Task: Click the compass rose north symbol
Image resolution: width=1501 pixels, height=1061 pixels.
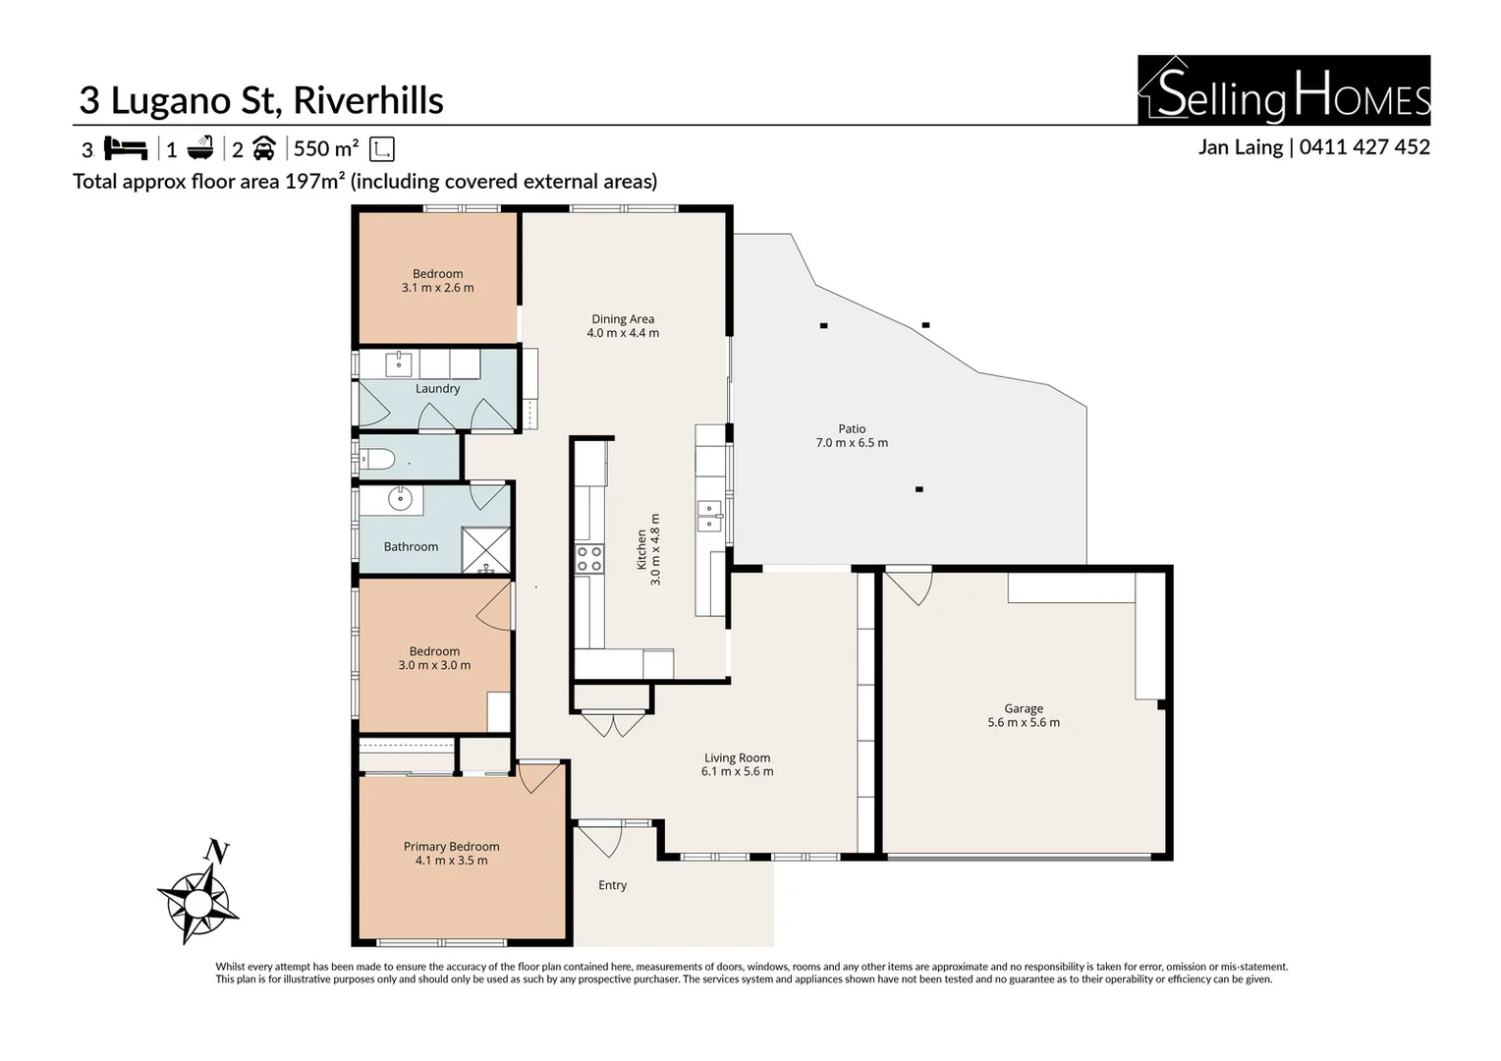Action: (x=198, y=892)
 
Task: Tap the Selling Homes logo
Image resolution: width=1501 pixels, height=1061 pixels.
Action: (x=1284, y=89)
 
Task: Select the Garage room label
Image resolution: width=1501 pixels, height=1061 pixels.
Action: (x=1024, y=708)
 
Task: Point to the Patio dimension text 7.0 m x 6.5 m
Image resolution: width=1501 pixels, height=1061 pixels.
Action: (x=852, y=442)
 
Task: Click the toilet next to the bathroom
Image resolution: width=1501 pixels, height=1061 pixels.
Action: (x=376, y=459)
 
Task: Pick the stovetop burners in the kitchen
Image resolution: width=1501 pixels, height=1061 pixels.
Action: (x=589, y=559)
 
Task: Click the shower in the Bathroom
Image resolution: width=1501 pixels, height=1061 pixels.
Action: (x=486, y=550)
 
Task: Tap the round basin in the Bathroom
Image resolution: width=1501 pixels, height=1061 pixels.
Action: (x=400, y=499)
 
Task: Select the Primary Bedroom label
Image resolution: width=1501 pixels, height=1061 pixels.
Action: (x=451, y=847)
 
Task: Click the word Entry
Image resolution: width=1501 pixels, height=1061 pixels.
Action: (x=612, y=885)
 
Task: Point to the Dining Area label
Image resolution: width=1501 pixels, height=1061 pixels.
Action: (x=623, y=319)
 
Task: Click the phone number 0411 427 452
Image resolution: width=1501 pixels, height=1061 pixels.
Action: (x=1364, y=146)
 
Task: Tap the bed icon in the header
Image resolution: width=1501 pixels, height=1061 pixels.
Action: (x=126, y=148)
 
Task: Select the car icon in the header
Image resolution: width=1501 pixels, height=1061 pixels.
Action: (x=264, y=148)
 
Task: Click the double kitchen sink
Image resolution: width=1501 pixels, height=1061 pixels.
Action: (x=709, y=516)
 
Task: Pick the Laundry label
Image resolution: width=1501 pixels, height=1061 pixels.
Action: (x=437, y=389)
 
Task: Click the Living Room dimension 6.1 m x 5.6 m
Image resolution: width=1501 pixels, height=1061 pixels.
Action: (x=737, y=771)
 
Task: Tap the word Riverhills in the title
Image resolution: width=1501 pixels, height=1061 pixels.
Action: (x=368, y=100)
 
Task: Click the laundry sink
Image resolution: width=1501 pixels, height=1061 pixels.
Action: (x=400, y=364)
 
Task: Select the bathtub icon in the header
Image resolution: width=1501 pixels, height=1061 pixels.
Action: (x=200, y=148)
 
